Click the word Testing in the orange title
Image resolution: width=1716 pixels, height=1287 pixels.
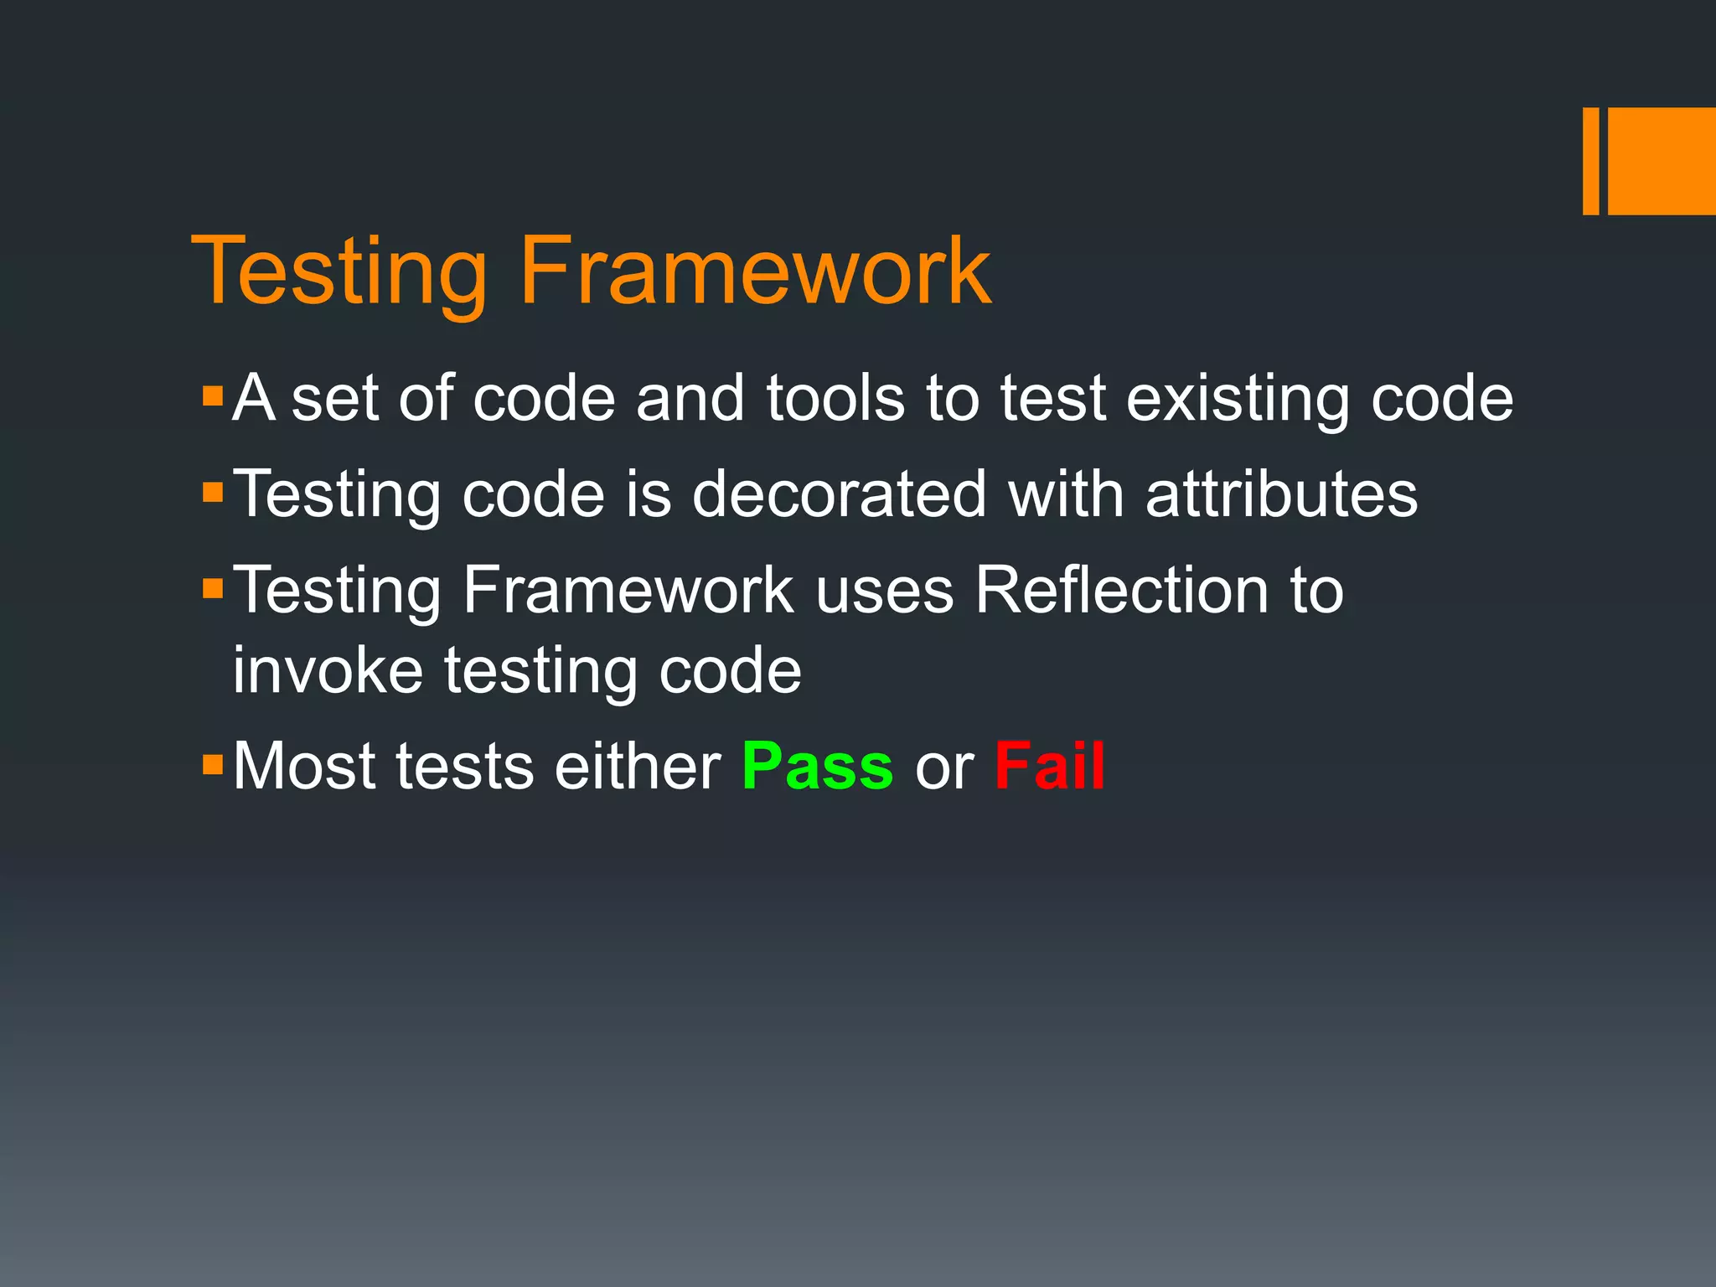(339, 272)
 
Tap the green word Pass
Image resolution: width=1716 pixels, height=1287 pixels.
(817, 767)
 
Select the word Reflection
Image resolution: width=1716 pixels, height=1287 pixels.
(1121, 590)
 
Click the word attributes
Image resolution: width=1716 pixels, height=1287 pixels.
(1280, 494)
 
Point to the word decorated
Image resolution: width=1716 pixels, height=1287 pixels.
(839, 494)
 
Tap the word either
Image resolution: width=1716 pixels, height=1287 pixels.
(637, 766)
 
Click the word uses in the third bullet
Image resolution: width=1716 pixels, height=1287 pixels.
(884, 592)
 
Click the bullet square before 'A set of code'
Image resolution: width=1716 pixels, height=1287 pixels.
(213, 395)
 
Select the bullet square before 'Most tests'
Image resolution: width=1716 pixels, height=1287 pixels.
(213, 763)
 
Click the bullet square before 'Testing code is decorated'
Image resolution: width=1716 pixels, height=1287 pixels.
(213, 491)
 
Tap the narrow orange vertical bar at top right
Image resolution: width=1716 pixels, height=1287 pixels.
(1590, 161)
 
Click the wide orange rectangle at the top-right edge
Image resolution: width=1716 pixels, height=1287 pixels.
(1661, 161)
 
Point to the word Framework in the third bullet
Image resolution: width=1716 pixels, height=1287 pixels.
(627, 590)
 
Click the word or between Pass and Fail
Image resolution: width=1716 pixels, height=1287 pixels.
(943, 768)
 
